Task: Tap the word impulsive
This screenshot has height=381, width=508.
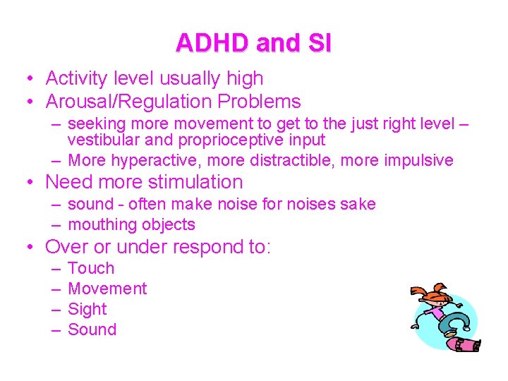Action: point(418,160)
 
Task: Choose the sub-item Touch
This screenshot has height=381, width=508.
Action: point(91,268)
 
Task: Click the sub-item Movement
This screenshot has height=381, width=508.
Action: point(107,289)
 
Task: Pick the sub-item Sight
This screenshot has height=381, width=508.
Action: point(87,309)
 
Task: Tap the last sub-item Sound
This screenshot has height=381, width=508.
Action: point(92,329)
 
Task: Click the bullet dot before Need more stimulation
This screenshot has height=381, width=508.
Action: point(30,183)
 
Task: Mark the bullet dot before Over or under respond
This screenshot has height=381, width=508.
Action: point(30,248)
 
